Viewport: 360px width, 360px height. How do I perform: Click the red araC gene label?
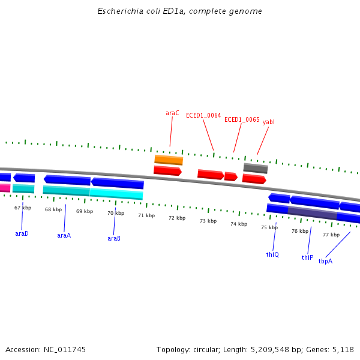[172, 113]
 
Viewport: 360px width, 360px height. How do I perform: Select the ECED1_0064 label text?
[203, 115]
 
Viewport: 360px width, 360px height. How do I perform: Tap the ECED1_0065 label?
[242, 119]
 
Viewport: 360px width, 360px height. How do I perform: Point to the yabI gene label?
[269, 122]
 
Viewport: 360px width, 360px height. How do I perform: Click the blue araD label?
[22, 233]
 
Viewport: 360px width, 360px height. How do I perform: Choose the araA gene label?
[64, 235]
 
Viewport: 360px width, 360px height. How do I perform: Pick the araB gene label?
[114, 238]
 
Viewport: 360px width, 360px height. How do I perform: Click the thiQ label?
[272, 254]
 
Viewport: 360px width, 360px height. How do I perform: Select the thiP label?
[307, 257]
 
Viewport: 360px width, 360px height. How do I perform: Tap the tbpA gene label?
[325, 261]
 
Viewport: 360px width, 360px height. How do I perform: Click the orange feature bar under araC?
[169, 160]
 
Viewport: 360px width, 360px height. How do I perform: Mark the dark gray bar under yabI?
[256, 168]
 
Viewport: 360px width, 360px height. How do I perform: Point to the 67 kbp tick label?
[23, 208]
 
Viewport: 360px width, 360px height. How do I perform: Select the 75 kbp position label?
[269, 227]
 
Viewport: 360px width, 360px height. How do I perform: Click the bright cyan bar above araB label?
[116, 193]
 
